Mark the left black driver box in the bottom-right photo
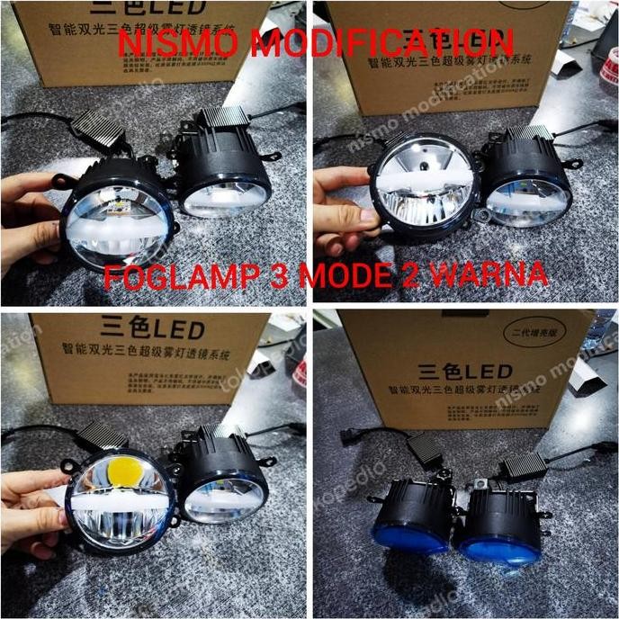tap(421, 444)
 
